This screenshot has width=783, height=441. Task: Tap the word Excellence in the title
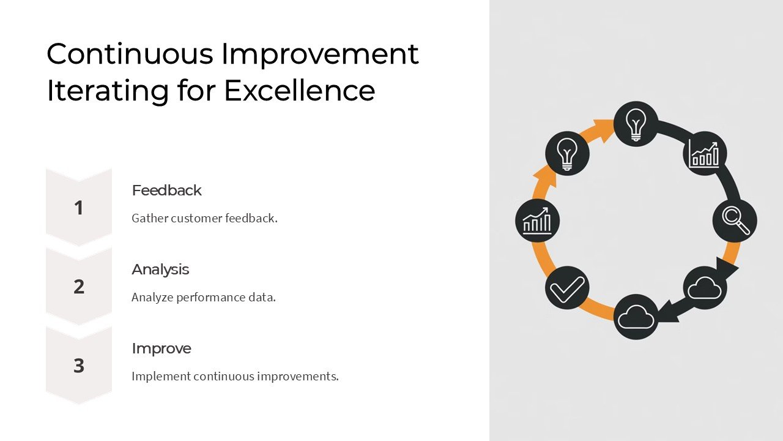pos(299,90)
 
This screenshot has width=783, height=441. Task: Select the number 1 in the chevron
pos(78,208)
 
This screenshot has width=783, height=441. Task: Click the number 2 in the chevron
pos(78,287)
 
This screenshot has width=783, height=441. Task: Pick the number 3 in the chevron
pos(78,366)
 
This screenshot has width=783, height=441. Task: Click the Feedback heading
pos(166,190)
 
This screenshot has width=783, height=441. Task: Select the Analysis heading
pos(160,269)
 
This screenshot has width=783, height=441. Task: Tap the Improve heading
pos(161,349)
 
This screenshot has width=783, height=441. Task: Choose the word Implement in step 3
pos(160,376)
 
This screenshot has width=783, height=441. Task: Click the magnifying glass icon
pos(735,221)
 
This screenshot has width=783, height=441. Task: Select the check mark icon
pos(567,288)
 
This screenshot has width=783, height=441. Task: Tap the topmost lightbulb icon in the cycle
pos(636,124)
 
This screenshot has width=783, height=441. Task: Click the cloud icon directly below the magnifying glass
pos(705,288)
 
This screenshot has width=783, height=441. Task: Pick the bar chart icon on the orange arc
pos(537,221)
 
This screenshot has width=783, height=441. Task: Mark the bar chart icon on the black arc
pos(704,154)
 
